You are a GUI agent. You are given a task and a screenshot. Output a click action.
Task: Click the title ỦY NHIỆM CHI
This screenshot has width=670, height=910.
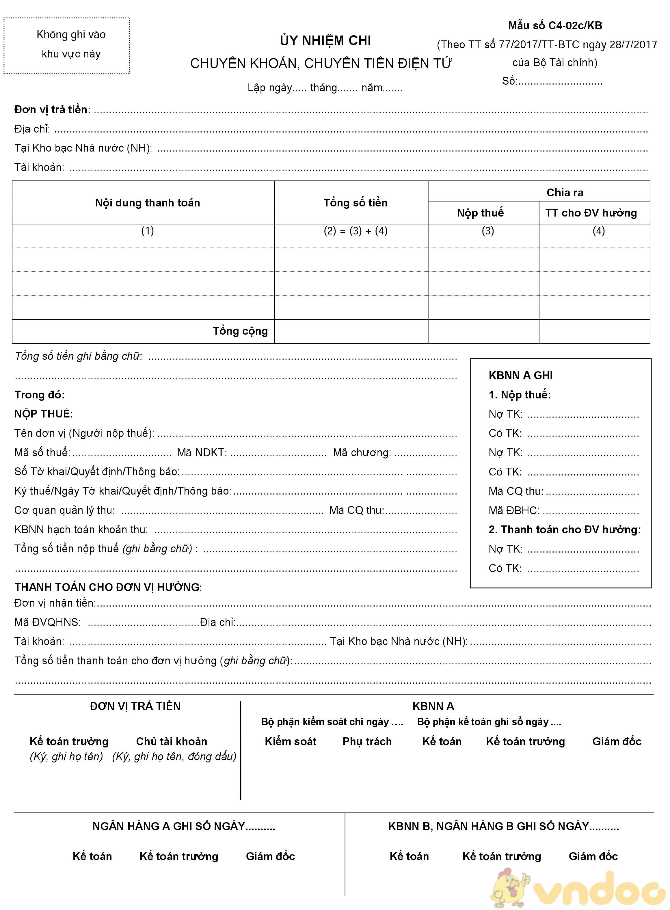point(325,40)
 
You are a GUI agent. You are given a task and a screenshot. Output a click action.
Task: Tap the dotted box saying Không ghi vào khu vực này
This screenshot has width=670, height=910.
point(67,45)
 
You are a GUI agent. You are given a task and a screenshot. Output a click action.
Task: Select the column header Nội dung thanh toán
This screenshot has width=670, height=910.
point(147,203)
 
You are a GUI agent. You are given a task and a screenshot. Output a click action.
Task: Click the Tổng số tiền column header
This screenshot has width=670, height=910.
point(355,203)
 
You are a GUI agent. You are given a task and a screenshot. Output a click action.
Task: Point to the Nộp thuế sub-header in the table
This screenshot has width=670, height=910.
point(480,213)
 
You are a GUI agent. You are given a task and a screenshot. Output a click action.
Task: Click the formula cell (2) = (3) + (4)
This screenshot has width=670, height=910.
point(355,231)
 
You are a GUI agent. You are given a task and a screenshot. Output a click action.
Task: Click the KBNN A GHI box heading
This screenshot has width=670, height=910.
point(520,375)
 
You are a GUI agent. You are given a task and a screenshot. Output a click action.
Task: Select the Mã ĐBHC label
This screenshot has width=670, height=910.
point(513,510)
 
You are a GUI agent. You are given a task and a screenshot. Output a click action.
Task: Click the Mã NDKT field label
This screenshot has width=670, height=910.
point(202,452)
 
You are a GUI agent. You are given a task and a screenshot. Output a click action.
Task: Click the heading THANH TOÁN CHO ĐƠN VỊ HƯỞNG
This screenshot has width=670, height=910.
point(108,587)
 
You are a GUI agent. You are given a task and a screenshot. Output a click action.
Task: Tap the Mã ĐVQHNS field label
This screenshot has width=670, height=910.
point(47,622)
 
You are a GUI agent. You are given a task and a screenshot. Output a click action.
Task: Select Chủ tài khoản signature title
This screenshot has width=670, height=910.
point(172,741)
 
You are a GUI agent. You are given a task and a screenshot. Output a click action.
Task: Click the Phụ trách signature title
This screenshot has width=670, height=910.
point(367,741)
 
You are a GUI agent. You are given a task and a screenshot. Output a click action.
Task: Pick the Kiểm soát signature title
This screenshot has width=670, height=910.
point(291,741)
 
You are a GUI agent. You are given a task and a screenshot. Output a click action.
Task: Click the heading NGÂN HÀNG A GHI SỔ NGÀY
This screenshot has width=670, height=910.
point(183,826)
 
